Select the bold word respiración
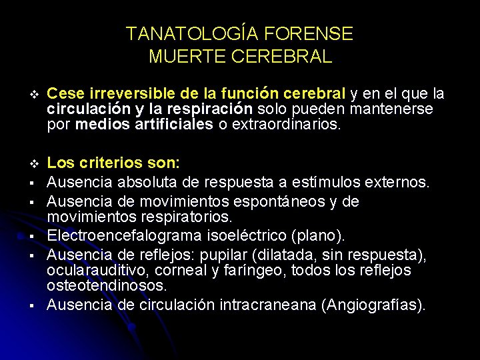click(211, 108)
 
